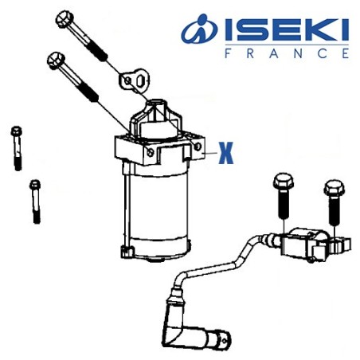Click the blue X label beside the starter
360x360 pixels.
[x=225, y=151]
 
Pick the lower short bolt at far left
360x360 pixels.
[x=34, y=200]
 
